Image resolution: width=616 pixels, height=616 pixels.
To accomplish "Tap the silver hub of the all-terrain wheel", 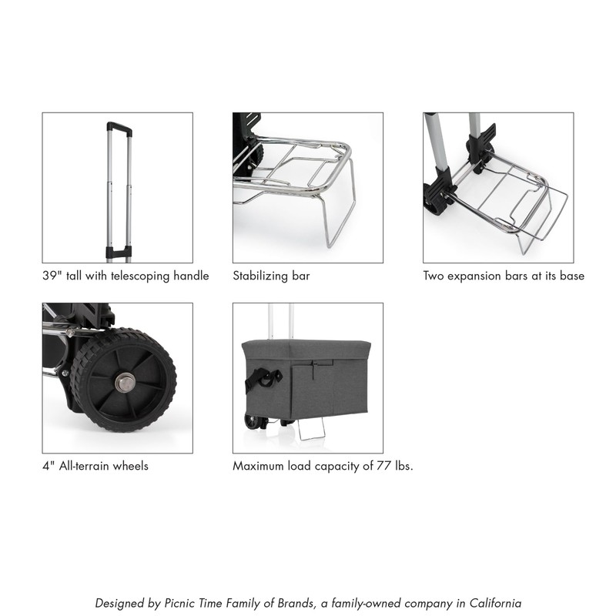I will pos(125,380).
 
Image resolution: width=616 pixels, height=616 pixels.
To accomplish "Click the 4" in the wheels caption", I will pos(47,466).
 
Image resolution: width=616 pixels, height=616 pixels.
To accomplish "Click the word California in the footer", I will pos(494,603).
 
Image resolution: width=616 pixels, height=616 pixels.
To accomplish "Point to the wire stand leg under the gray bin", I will pos(312,430).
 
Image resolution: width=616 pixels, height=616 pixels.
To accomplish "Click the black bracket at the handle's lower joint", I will pos(118,252).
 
